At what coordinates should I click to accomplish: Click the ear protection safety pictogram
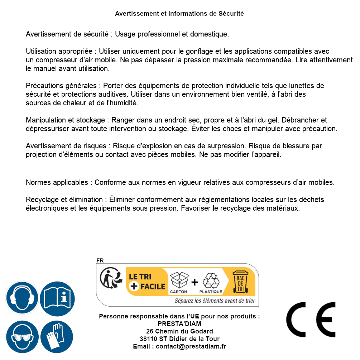point(22,298)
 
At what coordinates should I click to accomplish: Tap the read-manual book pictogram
point(57,298)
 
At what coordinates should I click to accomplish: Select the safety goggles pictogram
point(22,337)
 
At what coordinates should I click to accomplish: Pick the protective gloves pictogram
point(57,337)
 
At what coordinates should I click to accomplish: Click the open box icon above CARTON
point(179,280)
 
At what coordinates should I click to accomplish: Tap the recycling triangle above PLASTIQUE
point(211,281)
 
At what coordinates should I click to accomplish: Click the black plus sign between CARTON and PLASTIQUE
point(195,282)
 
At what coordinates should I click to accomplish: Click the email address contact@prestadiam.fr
point(191,346)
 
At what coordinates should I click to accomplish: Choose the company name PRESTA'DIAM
point(179,324)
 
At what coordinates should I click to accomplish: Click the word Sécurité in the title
point(231,14)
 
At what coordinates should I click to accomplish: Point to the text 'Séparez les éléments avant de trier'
point(215,301)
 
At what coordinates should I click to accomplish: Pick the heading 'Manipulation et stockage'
point(65,120)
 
